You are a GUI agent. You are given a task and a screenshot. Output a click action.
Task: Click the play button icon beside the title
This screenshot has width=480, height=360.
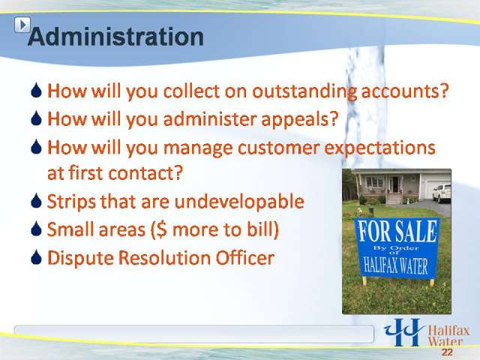pos(22,25)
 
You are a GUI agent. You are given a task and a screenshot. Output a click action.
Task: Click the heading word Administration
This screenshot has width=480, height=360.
pos(115,37)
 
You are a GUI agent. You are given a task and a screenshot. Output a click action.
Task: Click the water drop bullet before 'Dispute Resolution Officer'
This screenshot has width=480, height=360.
pos(36,257)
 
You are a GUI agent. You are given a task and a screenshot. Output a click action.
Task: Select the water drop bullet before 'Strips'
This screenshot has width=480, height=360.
pos(36,200)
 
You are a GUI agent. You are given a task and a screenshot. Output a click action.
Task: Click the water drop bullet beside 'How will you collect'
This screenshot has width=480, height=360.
pos(36,90)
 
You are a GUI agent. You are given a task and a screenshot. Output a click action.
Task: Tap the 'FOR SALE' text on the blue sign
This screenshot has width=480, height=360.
pos(397,231)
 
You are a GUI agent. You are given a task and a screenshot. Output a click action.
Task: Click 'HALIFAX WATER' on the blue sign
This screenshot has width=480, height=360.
pos(395,265)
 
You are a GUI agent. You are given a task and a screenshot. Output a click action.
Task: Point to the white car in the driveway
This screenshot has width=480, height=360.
pos(442,193)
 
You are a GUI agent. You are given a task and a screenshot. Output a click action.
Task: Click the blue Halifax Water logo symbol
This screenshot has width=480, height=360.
pos(403,332)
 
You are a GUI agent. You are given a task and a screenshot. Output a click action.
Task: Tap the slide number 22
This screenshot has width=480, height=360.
pos(447,352)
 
